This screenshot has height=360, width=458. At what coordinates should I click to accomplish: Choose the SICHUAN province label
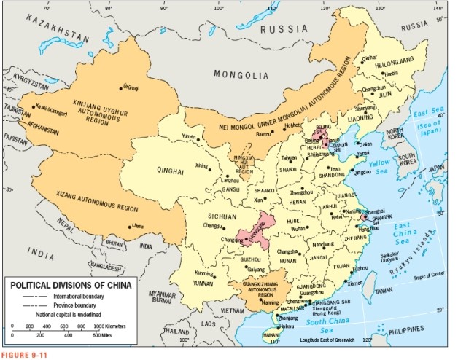[x=220, y=216]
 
